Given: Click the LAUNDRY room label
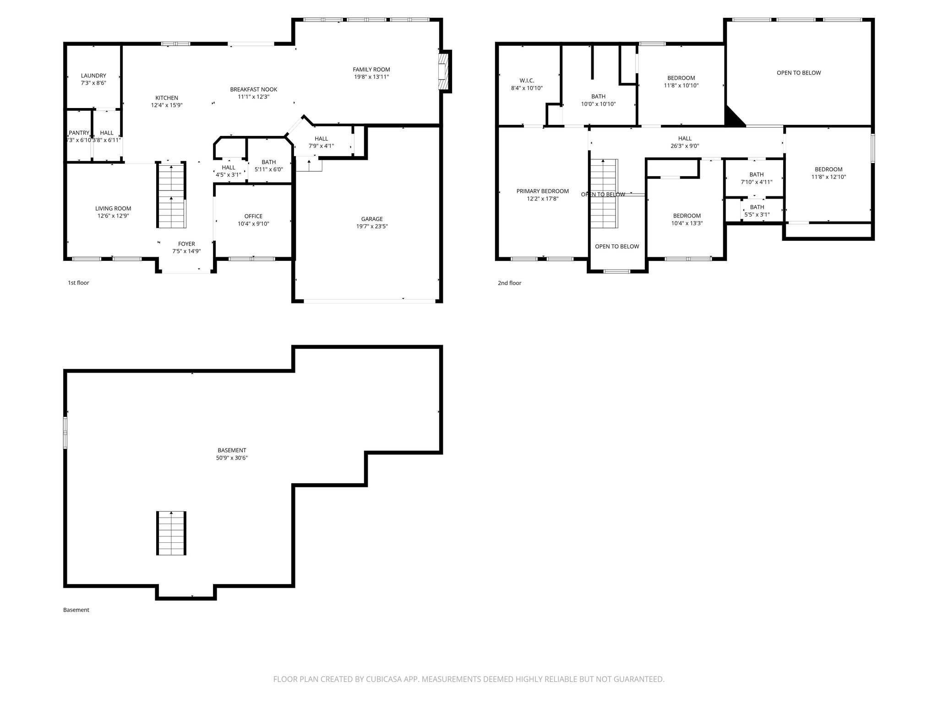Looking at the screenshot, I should click(x=93, y=76).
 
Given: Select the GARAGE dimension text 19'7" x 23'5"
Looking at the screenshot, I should click(x=372, y=227).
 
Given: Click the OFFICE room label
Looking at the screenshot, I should click(x=253, y=216).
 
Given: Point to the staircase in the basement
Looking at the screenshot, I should click(x=172, y=533).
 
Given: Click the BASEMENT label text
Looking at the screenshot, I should click(x=232, y=450).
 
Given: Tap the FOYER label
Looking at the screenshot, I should click(x=186, y=244).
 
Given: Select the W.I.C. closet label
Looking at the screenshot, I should click(x=527, y=81).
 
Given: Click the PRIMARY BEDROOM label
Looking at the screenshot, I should click(x=543, y=191).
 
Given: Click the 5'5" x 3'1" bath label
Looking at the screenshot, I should click(x=757, y=215).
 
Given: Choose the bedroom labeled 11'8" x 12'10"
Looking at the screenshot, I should click(x=829, y=173).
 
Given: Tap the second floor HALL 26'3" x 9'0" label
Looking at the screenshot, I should click(x=685, y=142).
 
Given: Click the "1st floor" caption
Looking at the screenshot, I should click(x=78, y=283).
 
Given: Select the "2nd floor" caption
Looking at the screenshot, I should click(x=509, y=283).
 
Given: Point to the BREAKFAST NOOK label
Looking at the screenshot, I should click(x=253, y=90).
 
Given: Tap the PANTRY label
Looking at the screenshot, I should click(x=79, y=133).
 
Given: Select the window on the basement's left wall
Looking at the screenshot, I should click(x=65, y=433).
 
